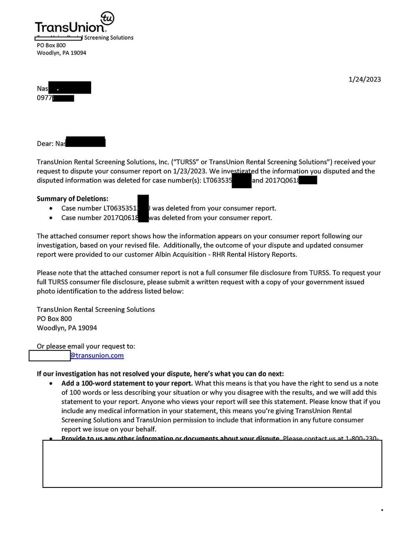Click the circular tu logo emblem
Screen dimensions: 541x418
click(x=107, y=18)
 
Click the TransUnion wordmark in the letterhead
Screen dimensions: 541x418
click(x=69, y=28)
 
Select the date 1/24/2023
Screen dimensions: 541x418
click(x=364, y=79)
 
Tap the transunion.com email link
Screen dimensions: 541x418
click(x=97, y=355)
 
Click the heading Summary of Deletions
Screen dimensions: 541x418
click(x=72, y=199)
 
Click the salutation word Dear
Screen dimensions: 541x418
click(x=44, y=143)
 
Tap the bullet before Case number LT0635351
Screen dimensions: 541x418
click(x=51, y=208)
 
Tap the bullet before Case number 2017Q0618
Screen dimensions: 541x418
click(x=51, y=218)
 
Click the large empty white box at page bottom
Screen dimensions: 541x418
click(x=212, y=464)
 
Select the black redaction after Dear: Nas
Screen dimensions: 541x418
click(x=86, y=142)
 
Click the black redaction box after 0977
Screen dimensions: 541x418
click(x=63, y=98)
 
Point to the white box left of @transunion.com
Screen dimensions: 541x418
click(x=49, y=355)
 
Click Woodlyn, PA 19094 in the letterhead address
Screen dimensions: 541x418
click(x=61, y=53)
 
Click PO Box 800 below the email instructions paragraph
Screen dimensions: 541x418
click(x=54, y=319)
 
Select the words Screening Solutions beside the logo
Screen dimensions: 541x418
click(x=109, y=38)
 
